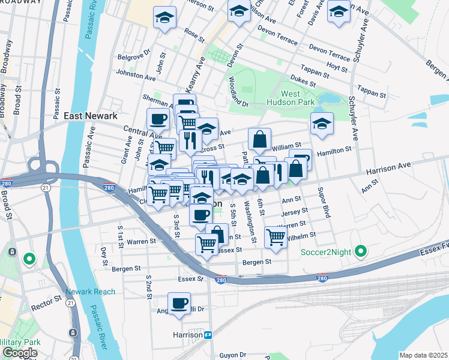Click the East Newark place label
[x=89, y=115]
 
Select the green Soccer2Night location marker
[x=360, y=250]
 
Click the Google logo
[x=19, y=353]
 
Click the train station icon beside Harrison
[x=208, y=334]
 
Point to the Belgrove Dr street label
[x=134, y=58]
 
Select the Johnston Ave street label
[x=135, y=76]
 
